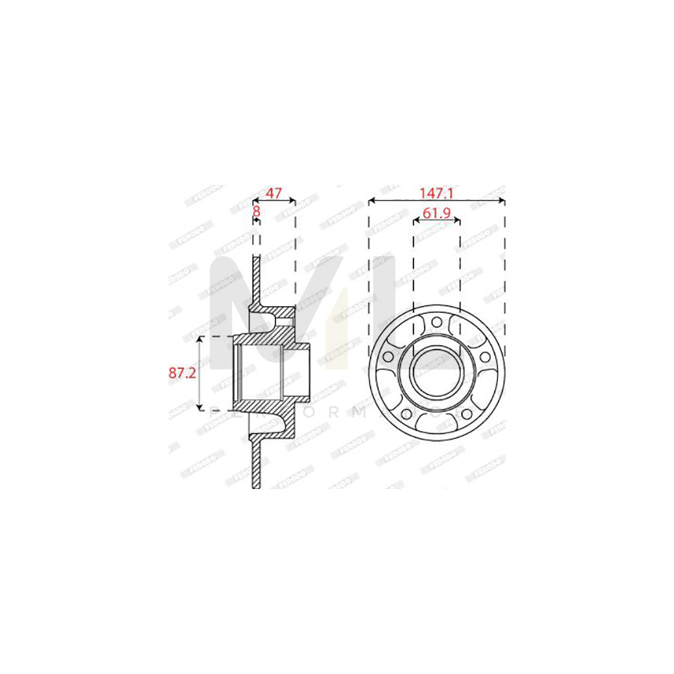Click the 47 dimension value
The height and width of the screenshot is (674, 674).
274,192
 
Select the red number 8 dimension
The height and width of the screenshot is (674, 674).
256,212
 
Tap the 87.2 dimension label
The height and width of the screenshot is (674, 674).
183,372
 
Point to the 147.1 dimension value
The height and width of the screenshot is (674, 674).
437,192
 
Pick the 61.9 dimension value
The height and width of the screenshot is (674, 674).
436,213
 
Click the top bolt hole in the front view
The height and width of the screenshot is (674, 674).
437,324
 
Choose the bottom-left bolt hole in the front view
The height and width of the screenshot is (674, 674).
405,414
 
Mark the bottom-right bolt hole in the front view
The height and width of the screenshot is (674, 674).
467,414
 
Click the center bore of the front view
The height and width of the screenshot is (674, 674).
437,372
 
